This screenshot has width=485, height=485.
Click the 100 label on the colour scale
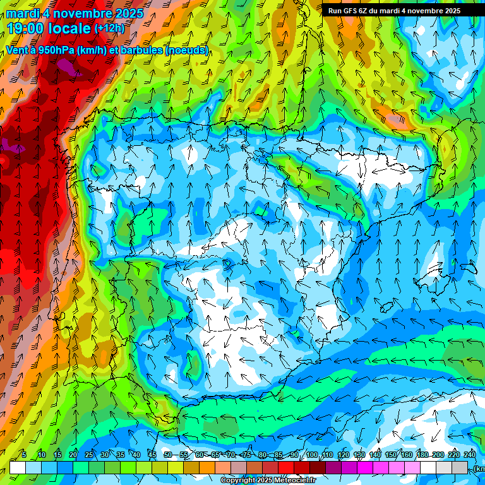point(311,455)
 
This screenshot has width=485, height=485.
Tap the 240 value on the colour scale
point(469,455)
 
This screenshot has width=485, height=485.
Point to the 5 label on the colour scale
point(24,455)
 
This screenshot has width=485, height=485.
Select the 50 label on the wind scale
point(167,455)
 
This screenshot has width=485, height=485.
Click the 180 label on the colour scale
point(422,455)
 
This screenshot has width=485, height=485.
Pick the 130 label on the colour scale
point(359,455)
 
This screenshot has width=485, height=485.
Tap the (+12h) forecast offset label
point(110,28)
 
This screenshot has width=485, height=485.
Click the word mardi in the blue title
point(23,13)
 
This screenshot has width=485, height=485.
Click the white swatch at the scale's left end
point(17,467)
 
